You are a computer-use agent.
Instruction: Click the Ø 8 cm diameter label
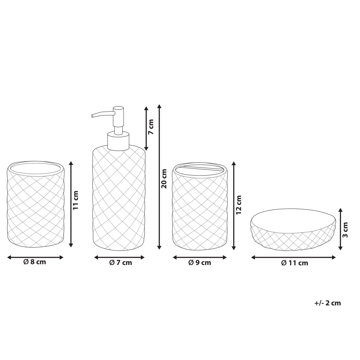(34, 262)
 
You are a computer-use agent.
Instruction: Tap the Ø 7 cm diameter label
(121, 263)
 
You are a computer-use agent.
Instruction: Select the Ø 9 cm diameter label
(200, 263)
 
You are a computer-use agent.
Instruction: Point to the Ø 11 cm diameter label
(295, 263)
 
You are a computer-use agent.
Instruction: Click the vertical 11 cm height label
(76, 200)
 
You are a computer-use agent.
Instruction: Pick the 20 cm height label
(164, 178)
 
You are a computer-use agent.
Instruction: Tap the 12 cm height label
(238, 205)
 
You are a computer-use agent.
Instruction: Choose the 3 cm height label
(345, 230)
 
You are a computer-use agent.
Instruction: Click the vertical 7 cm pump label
(151, 127)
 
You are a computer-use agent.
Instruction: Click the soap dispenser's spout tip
(92, 116)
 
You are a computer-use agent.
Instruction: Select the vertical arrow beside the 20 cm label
(159, 177)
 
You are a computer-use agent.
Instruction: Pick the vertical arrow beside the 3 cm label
(340, 229)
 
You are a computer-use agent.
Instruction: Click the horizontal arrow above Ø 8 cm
(35, 257)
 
